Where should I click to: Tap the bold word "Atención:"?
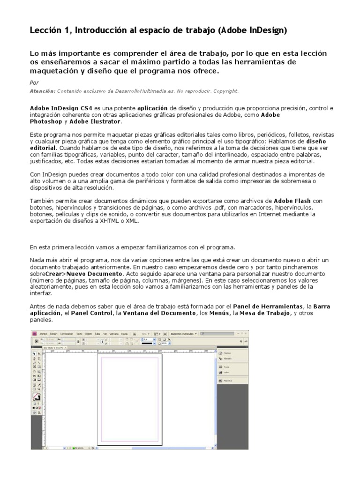click(43, 91)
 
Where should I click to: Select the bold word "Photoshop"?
click(45, 121)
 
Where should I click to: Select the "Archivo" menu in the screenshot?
click(44, 333)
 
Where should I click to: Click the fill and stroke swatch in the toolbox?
click(36, 397)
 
